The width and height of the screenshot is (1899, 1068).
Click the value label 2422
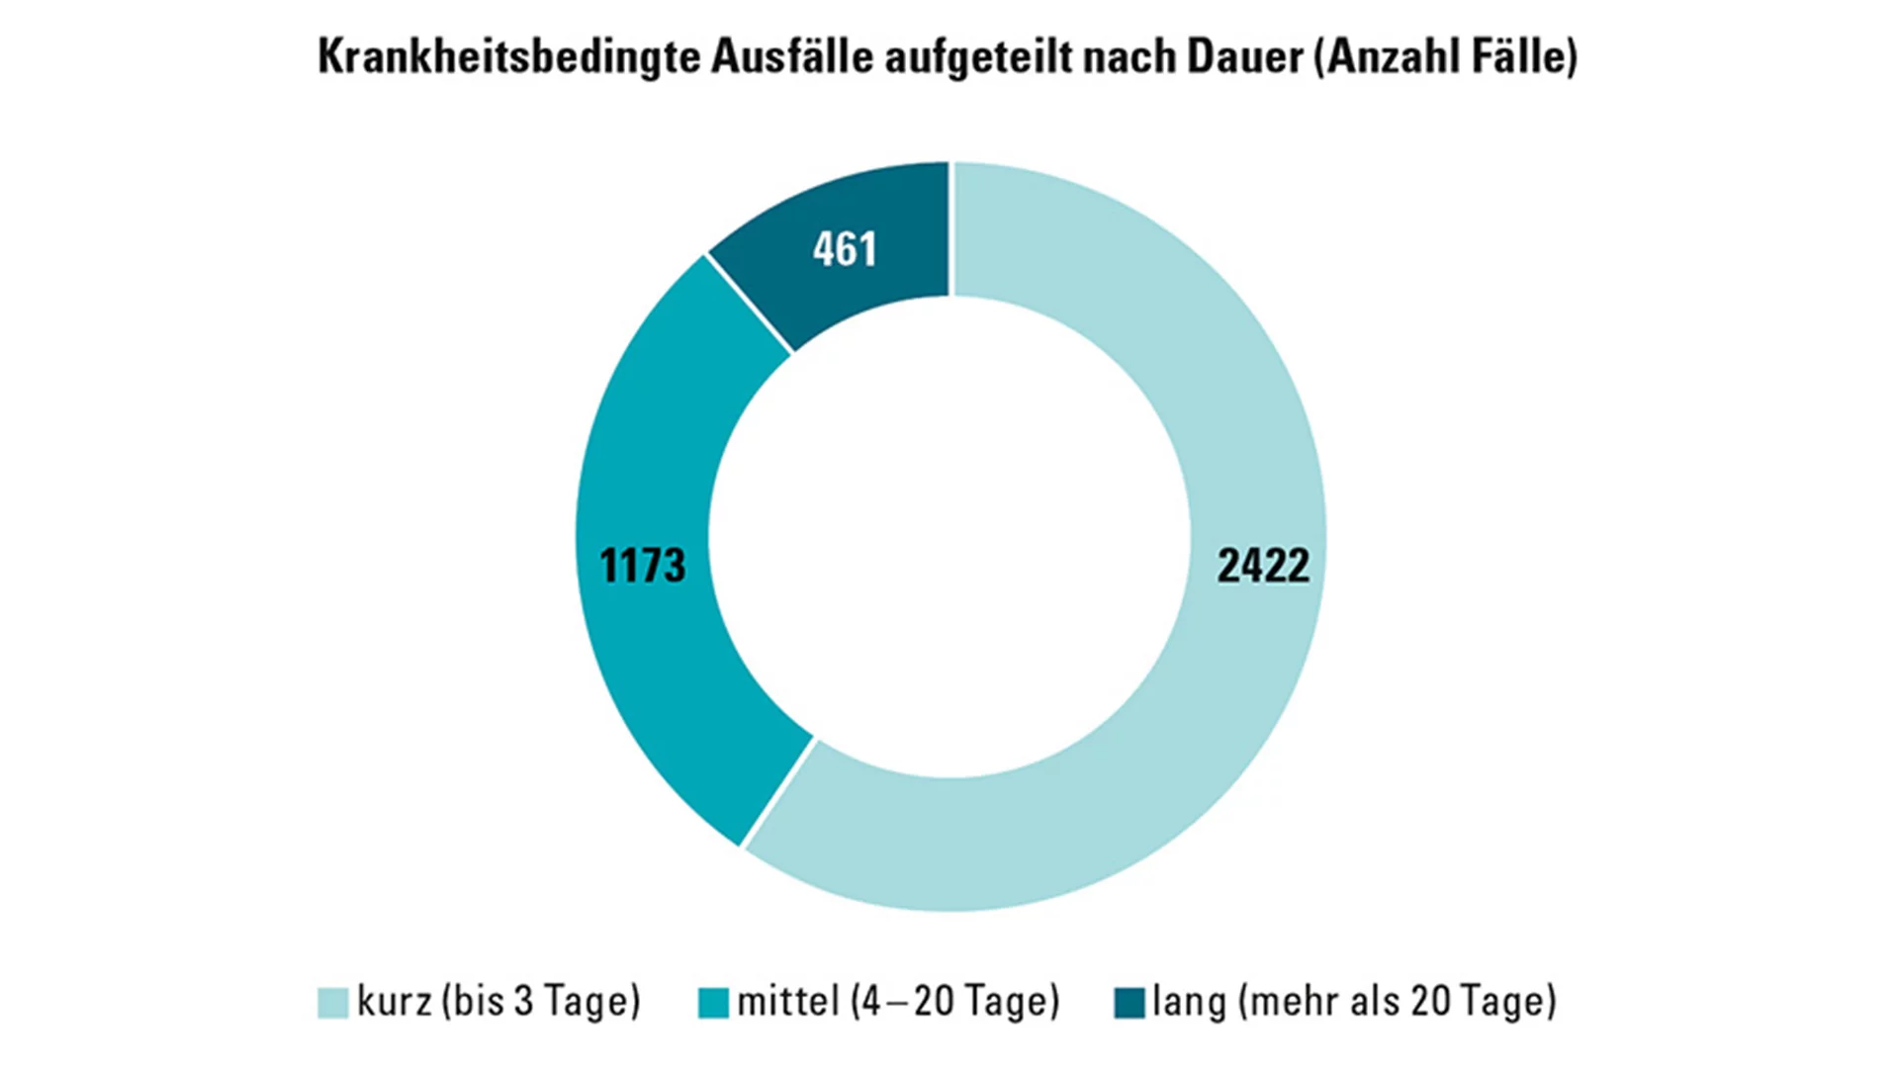click(1263, 566)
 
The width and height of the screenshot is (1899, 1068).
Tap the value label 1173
click(642, 566)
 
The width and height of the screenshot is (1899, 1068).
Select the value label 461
click(845, 249)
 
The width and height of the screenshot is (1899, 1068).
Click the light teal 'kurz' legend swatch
click(332, 1003)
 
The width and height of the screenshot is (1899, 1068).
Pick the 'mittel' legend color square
click(713, 1003)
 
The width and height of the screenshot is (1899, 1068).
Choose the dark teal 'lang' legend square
click(1129, 1003)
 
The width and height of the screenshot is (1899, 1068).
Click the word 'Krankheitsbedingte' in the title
click(510, 56)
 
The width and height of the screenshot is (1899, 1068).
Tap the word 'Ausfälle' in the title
click(792, 56)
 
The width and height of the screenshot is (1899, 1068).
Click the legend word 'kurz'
click(394, 1002)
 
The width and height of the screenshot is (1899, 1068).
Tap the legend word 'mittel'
click(788, 1002)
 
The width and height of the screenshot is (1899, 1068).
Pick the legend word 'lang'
click(1189, 1002)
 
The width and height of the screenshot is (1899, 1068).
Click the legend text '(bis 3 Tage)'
click(541, 1002)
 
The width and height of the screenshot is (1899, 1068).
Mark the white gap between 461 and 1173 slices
click(750, 304)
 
